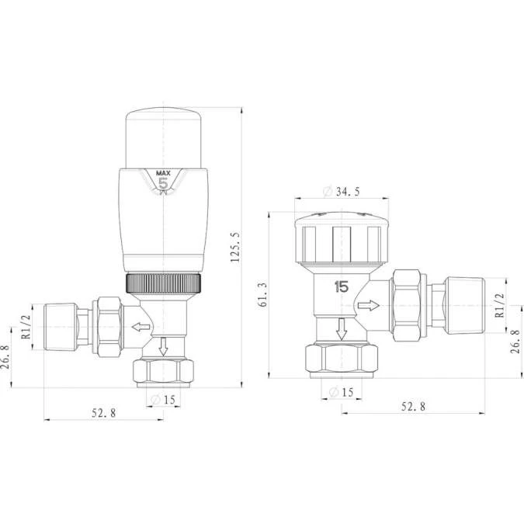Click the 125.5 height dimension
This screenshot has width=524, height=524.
(236, 248)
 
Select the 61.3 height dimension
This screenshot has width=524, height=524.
(263, 296)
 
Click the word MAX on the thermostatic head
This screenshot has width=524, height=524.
(163, 173)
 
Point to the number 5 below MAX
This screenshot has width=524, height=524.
(163, 184)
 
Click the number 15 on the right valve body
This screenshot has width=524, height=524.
(341, 286)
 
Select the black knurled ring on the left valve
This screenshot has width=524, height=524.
(164, 283)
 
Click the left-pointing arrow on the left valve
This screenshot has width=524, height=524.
(140, 327)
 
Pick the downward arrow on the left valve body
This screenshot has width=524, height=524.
(163, 346)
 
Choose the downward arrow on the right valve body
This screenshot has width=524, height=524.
(341, 331)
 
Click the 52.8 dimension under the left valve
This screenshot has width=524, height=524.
(103, 413)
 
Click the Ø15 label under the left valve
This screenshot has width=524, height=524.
(164, 400)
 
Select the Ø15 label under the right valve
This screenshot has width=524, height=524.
(341, 392)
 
